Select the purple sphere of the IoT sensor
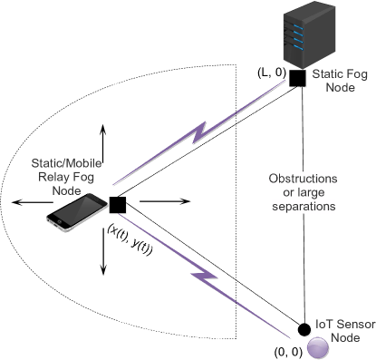click(x=318, y=346)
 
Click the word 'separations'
click(x=304, y=207)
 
